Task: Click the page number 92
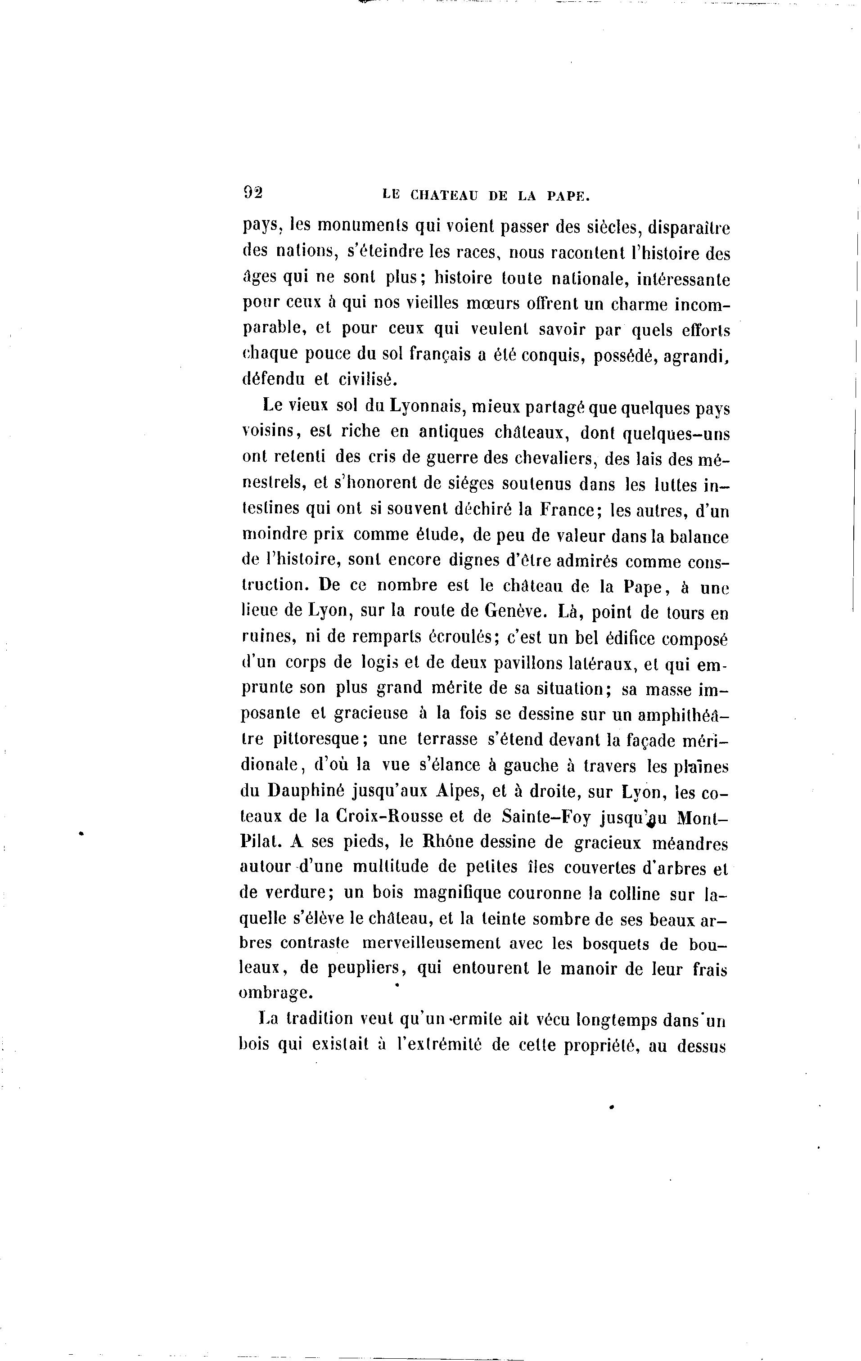click(x=252, y=193)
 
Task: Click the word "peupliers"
click(x=352, y=970)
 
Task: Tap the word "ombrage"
click(x=275, y=995)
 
